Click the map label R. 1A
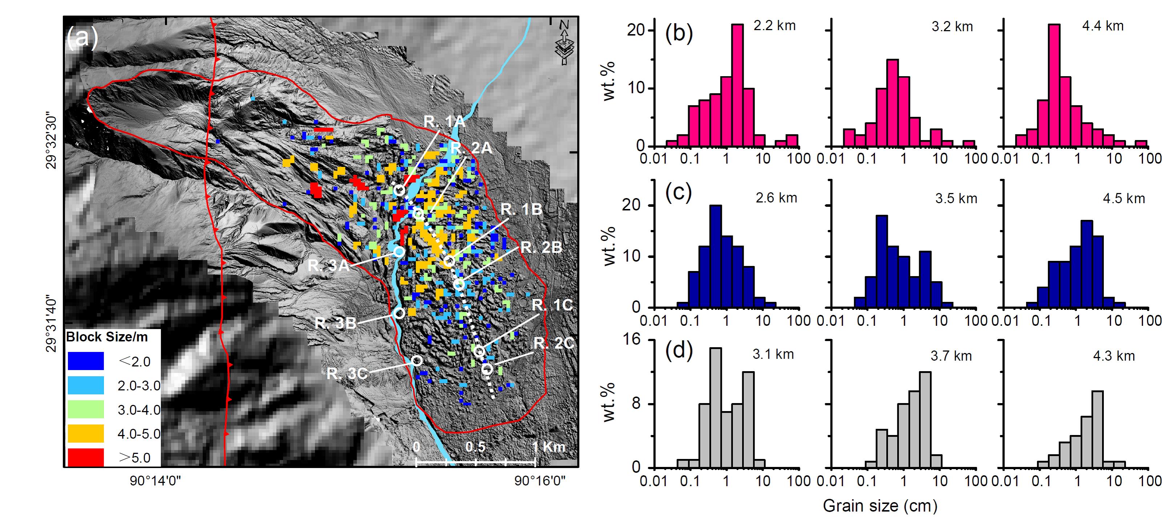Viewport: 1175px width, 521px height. [x=444, y=122]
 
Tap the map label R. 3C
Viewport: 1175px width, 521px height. [x=347, y=374]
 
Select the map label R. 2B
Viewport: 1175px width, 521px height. [x=541, y=247]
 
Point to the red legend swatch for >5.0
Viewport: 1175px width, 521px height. [x=86, y=457]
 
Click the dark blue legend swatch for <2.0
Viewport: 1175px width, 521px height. [x=86, y=361]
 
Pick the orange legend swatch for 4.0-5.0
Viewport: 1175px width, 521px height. [x=86, y=433]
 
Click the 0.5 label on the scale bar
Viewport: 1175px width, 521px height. [x=475, y=447]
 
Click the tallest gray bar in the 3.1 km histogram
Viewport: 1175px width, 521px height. [x=716, y=408]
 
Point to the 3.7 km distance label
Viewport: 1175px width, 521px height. [x=951, y=356]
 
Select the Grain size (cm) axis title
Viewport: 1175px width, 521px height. [x=880, y=505]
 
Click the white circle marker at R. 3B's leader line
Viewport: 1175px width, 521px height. [x=399, y=313]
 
